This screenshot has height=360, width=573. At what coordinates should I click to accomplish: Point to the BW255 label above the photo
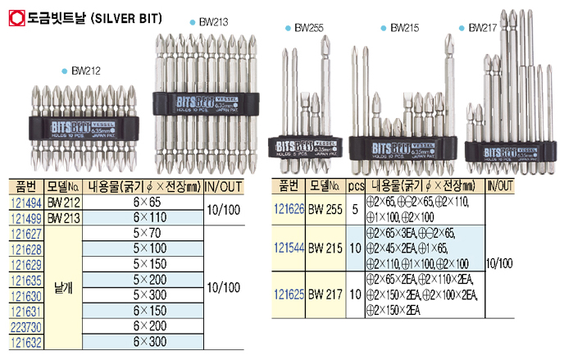(309, 28)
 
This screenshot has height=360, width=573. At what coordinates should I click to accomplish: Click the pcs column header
(355, 187)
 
